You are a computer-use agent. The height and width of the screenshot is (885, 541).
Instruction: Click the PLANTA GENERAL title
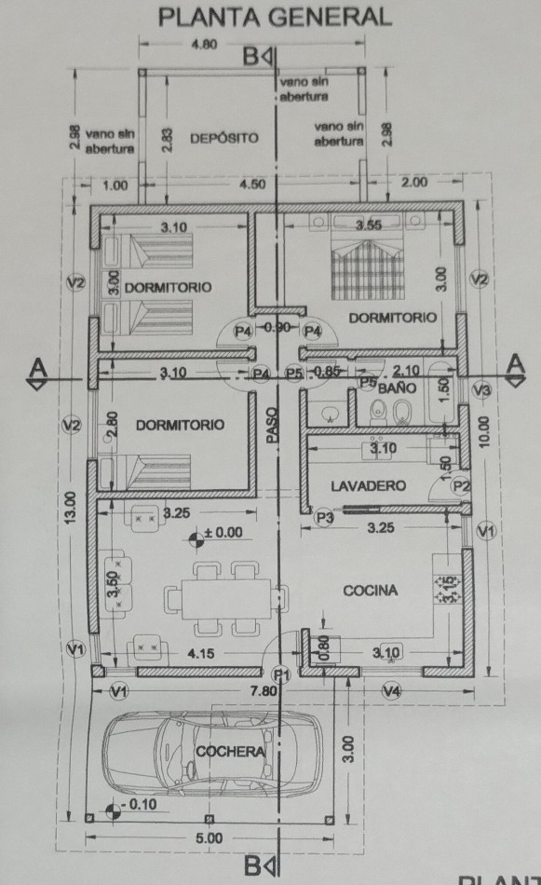[275, 18]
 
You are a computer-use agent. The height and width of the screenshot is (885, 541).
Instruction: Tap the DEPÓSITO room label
[224, 138]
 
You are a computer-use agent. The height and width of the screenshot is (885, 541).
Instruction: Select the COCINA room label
[370, 591]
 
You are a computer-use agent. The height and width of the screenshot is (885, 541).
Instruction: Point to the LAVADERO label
[368, 485]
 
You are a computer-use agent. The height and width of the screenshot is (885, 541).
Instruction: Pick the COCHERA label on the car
[230, 751]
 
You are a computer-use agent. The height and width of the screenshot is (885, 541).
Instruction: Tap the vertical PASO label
[272, 425]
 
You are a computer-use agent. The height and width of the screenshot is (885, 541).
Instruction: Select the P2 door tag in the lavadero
[462, 485]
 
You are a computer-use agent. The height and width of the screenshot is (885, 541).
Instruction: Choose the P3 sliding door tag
[324, 517]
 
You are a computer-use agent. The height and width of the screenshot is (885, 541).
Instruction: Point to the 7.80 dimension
[263, 690]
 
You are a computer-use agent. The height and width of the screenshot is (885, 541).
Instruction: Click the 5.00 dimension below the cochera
[209, 837]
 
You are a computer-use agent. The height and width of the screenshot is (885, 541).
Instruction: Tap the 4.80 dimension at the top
[204, 44]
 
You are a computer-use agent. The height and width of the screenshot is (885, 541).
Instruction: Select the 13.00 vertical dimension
[70, 508]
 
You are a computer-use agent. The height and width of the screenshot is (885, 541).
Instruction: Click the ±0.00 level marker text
[223, 532]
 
